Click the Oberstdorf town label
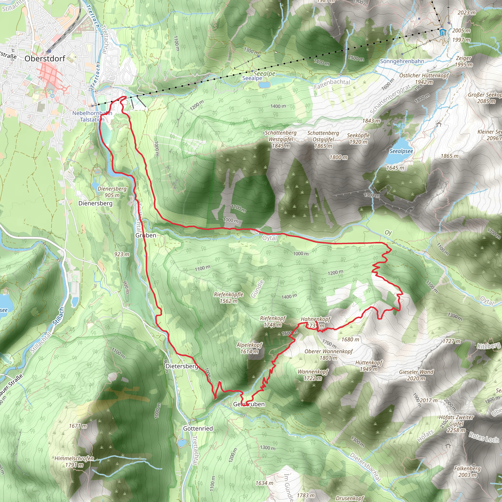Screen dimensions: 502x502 [45, 59]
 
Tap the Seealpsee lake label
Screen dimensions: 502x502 [401, 151]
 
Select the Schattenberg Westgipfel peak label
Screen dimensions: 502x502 [281, 139]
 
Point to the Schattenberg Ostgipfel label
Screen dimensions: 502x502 [323, 139]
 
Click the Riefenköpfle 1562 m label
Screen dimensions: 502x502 [229, 298]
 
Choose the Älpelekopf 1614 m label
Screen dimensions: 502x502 [250, 348]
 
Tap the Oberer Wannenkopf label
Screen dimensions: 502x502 [329, 355]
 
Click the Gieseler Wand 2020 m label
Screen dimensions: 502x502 [416, 375]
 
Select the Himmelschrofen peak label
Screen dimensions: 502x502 [74, 462]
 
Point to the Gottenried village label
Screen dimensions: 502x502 [198, 428]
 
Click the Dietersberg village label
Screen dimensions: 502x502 [182, 366]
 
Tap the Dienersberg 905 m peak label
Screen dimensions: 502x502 [112, 192]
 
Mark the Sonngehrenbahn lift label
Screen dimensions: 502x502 [402, 61]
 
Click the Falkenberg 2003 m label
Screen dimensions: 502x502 [467, 472]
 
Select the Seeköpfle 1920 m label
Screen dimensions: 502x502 [358, 138]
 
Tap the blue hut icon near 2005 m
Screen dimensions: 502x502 [443, 33]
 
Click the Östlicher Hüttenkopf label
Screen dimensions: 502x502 [424, 78]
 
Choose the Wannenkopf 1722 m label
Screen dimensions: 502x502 [313, 375]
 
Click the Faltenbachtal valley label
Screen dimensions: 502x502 [332, 84]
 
